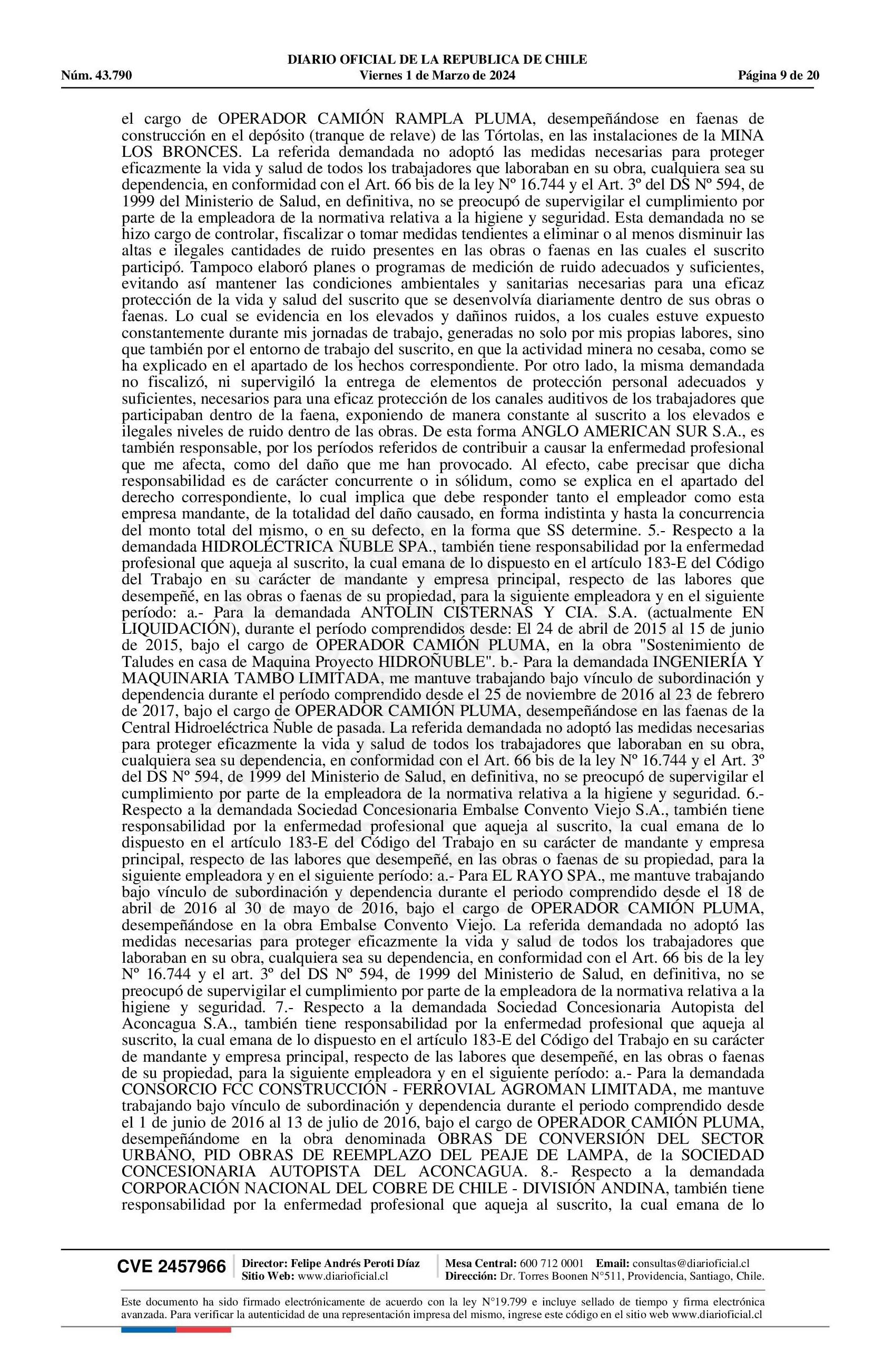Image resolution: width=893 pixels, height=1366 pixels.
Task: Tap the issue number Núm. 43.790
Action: click(97, 75)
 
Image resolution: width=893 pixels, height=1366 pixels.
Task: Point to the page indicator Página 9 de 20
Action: click(778, 75)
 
